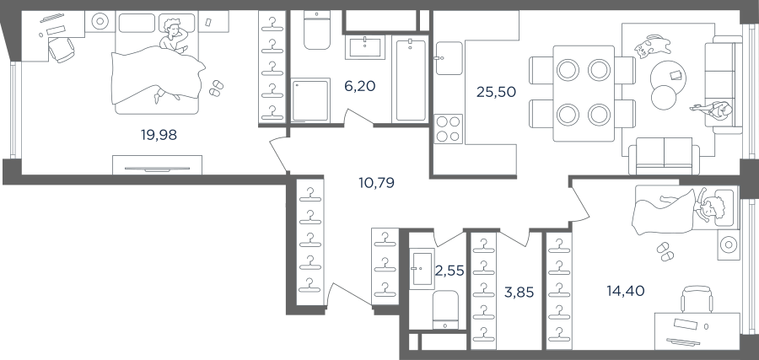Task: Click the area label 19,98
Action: [x=159, y=135]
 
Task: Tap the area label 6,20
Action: [x=359, y=87]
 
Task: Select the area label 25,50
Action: [x=496, y=92]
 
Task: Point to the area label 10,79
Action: [x=376, y=183]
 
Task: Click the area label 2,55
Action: [x=449, y=271]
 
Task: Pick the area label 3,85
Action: [x=519, y=292]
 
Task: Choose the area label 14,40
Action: [x=626, y=291]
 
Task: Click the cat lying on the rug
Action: [x=653, y=46]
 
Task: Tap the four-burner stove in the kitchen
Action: [x=449, y=129]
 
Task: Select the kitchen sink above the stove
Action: [x=449, y=58]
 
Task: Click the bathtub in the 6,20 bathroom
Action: [x=411, y=80]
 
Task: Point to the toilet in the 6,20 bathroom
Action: [x=317, y=30]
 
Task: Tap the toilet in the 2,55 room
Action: [x=444, y=309]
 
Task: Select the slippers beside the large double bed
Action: [x=216, y=88]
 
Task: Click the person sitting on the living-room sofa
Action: [x=713, y=110]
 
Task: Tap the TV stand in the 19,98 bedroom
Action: [x=158, y=165]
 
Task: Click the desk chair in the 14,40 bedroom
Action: [x=697, y=299]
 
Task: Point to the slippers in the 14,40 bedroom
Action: [x=665, y=251]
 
